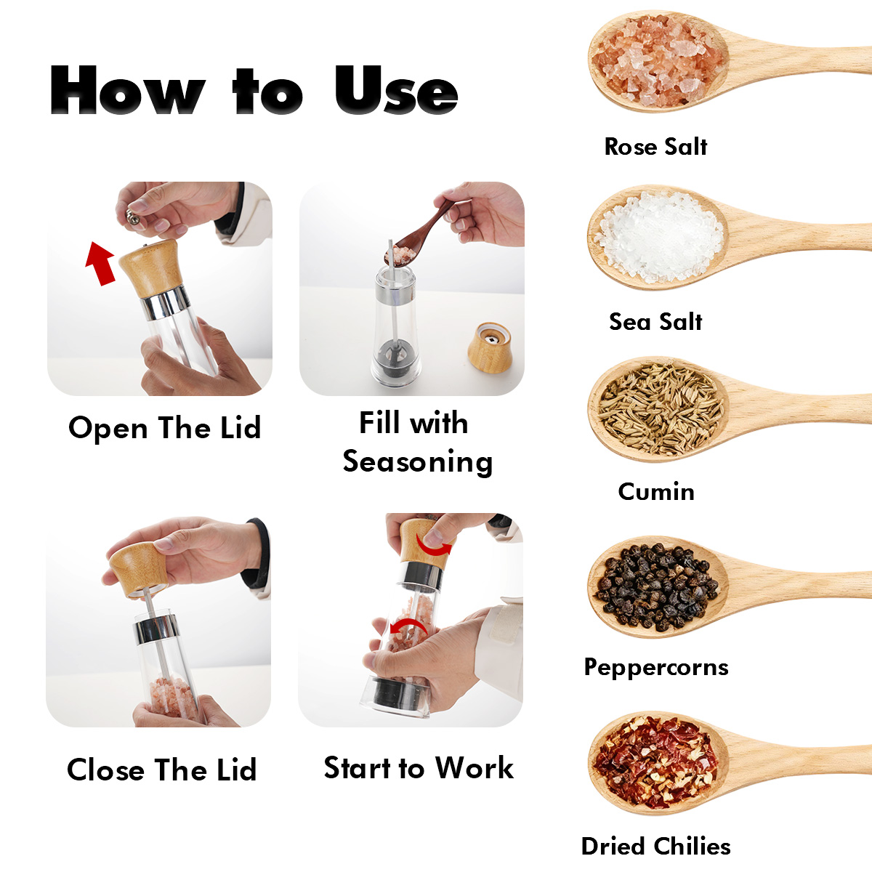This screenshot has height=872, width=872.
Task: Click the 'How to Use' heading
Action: pos(254,89)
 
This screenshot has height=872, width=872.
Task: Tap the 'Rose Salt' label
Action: pos(655,147)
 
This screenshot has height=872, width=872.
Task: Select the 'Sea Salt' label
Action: pos(655,322)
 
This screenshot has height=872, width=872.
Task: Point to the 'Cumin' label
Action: pos(656,491)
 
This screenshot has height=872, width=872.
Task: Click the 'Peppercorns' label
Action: pos(656,668)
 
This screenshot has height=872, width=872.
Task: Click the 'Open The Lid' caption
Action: pos(165,428)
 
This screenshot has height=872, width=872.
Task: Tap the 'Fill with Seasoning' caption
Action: pos(417,443)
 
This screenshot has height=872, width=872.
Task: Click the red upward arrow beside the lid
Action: pos(100,264)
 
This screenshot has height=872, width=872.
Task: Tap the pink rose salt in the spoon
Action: pos(658,61)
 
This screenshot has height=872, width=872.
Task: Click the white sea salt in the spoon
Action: pos(660,236)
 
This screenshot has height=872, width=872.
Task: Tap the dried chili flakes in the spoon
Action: pos(655,762)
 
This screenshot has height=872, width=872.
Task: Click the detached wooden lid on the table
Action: pos(490,347)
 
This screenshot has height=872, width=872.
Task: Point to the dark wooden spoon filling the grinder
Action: pos(419,236)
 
